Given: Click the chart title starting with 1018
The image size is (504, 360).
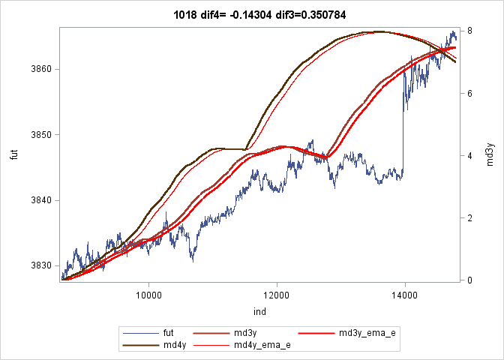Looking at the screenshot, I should [251, 14].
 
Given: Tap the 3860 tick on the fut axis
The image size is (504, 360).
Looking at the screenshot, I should [42, 69].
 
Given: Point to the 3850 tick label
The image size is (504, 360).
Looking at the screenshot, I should [42, 135].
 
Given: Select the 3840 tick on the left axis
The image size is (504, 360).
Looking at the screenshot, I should [42, 200].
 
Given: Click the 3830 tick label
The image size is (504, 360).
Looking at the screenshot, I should [42, 265].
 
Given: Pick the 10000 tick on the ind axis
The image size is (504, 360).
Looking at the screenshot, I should [148, 294].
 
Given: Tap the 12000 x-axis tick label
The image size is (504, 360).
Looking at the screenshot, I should [277, 294].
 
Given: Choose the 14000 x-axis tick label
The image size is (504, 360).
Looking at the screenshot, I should [405, 294].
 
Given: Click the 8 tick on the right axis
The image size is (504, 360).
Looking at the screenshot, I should [468, 31].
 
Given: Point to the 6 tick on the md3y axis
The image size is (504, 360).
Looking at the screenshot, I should [468, 94].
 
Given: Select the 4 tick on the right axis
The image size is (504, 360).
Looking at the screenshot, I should [468, 156].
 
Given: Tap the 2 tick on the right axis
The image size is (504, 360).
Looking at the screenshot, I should [468, 218].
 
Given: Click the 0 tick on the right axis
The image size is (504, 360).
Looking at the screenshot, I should [468, 280].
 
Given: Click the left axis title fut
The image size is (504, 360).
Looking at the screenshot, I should [13, 155].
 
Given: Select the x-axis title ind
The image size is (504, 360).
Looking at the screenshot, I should [259, 311].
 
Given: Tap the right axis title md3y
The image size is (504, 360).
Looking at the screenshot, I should [490, 155].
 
